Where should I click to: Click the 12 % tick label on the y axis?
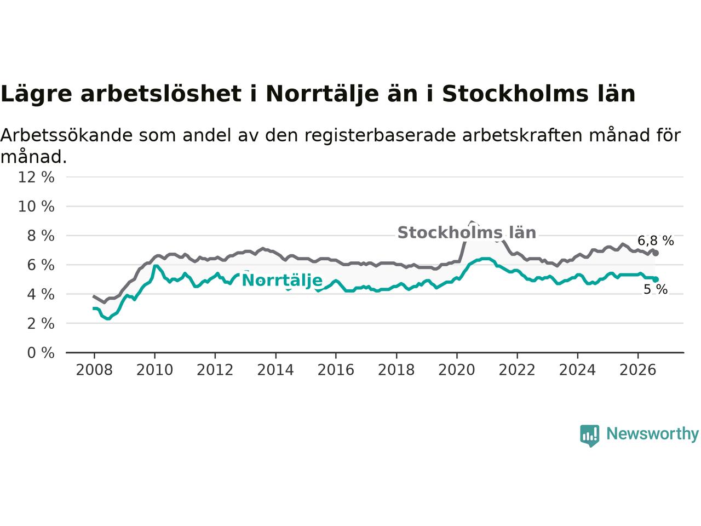[x=36, y=177]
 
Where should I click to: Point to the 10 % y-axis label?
[x=36, y=207]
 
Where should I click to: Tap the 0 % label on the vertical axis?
[x=41, y=353]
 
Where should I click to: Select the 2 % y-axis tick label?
[x=41, y=324]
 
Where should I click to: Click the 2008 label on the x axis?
[x=94, y=370]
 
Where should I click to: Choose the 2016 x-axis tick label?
[x=336, y=370]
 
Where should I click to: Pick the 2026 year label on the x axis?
[x=638, y=370]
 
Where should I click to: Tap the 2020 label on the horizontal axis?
[x=457, y=370]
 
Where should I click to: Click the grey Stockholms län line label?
[x=467, y=232]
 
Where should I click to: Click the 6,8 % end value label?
[x=656, y=241]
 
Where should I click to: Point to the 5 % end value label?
[x=656, y=290]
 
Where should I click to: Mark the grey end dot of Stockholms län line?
[x=656, y=253]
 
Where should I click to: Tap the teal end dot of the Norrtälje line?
[x=656, y=279]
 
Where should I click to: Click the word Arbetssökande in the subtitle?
[x=66, y=135]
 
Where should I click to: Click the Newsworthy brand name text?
[x=652, y=434]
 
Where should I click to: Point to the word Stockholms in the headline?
[x=515, y=94]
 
